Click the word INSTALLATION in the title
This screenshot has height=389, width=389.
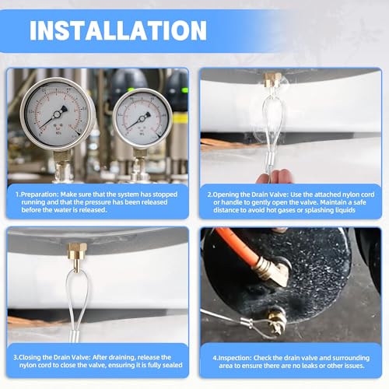118,30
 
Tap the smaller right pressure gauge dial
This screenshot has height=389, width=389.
142,118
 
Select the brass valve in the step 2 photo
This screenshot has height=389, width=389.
273,81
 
